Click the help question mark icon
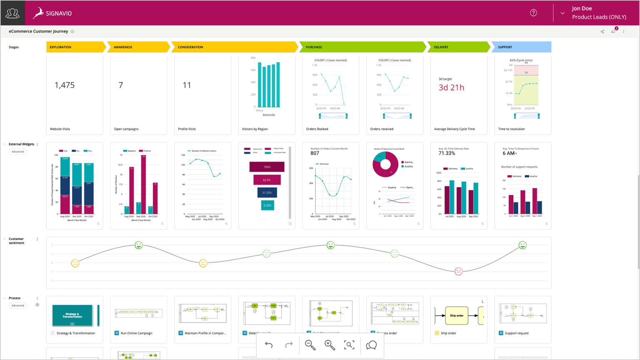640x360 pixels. point(533,13)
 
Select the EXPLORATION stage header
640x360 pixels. point(75,47)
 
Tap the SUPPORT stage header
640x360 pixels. point(521,47)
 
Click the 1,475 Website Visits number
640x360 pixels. point(65,85)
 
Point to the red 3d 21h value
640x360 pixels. point(451,87)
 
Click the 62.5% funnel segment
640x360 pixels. point(267,180)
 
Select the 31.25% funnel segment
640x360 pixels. point(267,192)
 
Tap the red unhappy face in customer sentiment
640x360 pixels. point(458,271)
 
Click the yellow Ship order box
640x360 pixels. point(456,315)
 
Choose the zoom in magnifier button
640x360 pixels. point(330,345)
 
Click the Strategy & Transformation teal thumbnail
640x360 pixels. point(72,315)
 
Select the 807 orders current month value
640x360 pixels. point(315,153)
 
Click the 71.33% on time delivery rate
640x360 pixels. point(447,153)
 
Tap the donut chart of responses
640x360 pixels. point(385,164)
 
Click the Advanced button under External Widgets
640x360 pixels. point(18,152)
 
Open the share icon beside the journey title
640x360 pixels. point(602,32)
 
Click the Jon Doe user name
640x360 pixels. point(582,8)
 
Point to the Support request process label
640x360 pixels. point(516,333)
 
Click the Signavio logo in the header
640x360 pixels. point(52,13)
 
